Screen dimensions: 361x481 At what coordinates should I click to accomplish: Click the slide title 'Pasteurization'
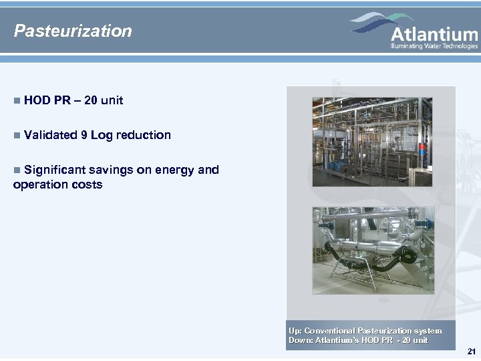(73, 31)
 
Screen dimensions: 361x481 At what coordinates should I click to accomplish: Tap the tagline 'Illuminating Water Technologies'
(434, 46)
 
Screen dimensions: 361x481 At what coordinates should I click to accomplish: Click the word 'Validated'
(50, 135)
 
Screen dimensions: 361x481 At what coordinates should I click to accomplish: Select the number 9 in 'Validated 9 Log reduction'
(84, 135)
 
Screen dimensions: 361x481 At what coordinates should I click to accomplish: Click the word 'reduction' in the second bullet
(143, 135)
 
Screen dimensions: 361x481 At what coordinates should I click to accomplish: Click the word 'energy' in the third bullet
(174, 170)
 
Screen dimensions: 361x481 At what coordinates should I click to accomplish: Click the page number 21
(472, 352)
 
